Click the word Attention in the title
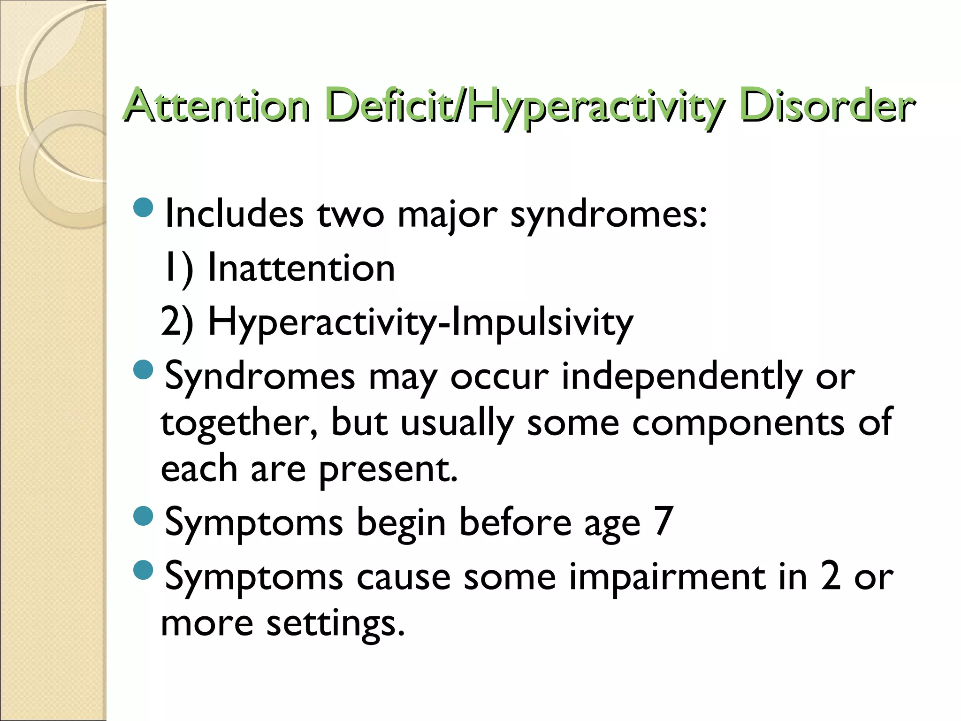[x=216, y=106]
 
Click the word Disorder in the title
[x=826, y=106]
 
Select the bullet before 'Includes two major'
[x=143, y=207]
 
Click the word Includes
[x=234, y=214]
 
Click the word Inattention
[x=301, y=268]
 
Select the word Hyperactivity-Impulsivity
[x=420, y=323]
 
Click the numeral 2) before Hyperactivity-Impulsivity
[x=177, y=322]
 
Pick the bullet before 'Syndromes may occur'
[x=143, y=369]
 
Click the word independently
[x=682, y=377]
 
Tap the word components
[x=738, y=423]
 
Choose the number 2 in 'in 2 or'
[x=831, y=576]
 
